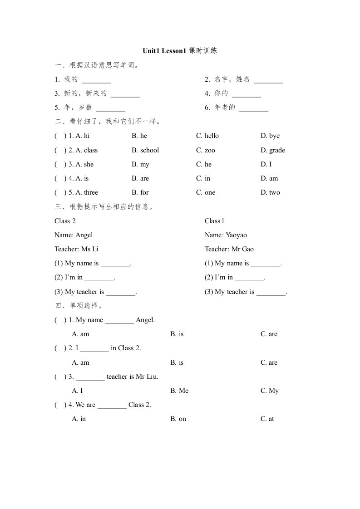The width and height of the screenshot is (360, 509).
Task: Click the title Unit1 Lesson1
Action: click(x=164, y=51)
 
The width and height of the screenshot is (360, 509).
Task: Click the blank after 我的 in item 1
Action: click(x=96, y=82)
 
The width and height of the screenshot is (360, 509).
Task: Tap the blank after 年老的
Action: click(x=254, y=110)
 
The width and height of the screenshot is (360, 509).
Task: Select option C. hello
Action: click(x=207, y=136)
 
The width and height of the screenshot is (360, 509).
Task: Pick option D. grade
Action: click(x=273, y=150)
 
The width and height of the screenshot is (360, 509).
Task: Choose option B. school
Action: click(x=145, y=150)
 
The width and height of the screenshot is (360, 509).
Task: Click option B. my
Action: click(x=141, y=164)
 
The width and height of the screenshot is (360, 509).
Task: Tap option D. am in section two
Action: click(x=269, y=178)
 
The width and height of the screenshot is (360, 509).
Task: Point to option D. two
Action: click(x=270, y=192)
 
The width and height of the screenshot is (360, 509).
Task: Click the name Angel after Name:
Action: click(x=84, y=235)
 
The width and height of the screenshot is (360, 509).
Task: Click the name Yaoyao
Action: click(x=236, y=235)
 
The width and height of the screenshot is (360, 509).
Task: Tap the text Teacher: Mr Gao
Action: click(x=229, y=249)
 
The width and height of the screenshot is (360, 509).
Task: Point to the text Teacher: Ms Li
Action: click(x=76, y=249)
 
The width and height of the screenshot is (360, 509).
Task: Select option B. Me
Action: click(x=179, y=391)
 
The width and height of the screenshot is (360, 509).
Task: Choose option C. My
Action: click(x=270, y=391)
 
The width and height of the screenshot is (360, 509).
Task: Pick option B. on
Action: click(x=178, y=419)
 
